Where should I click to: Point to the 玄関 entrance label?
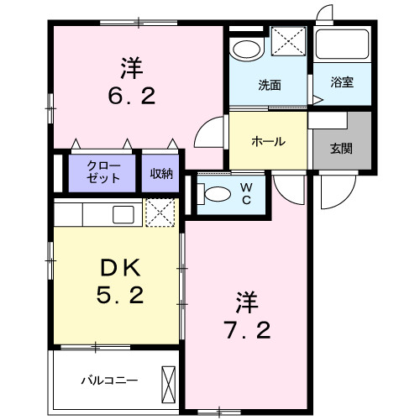[340, 150]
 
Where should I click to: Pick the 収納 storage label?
[161, 174]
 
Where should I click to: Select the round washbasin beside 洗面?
[245, 48]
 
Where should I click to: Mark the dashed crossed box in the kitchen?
[160, 213]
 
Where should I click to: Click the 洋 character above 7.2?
[246, 298]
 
